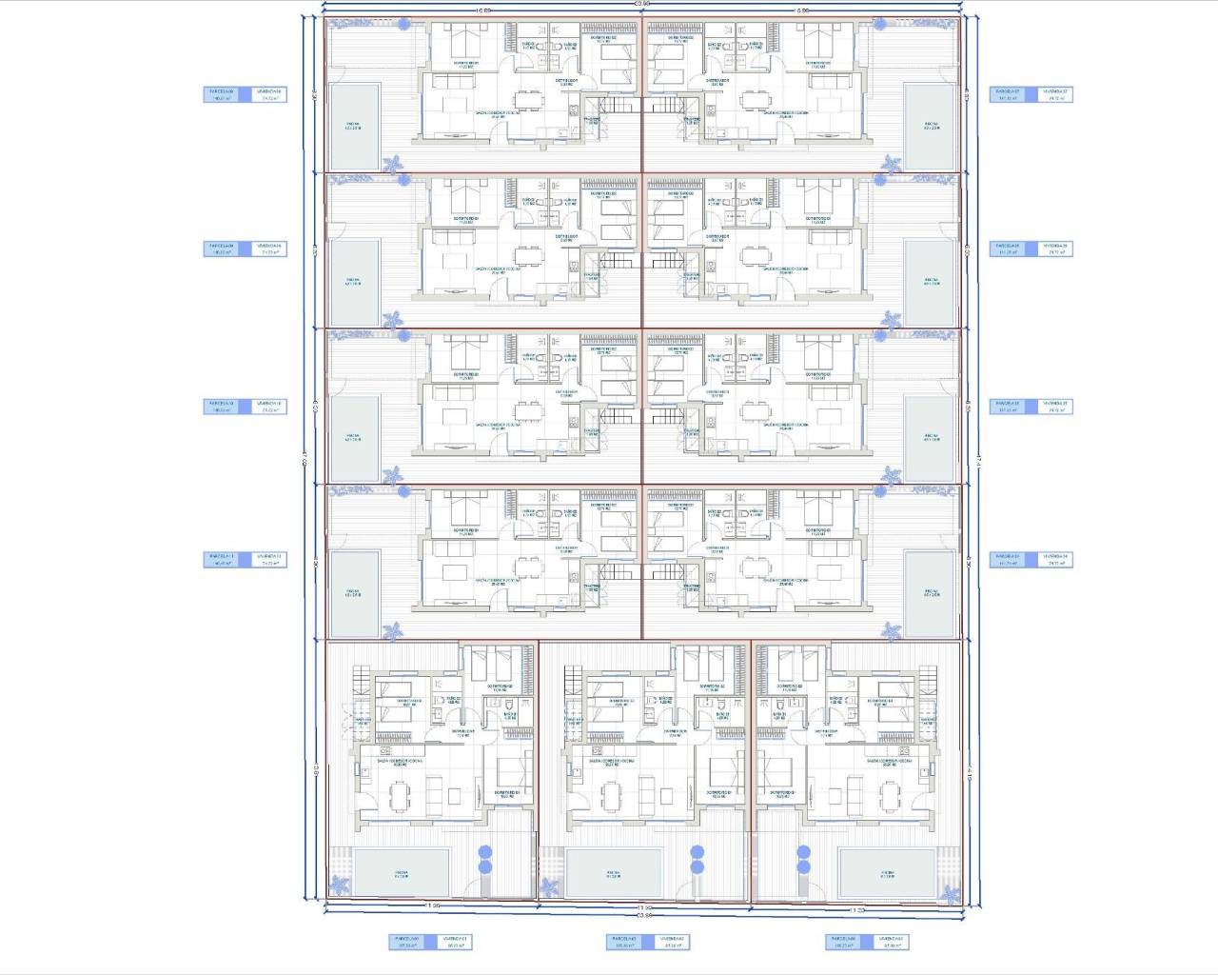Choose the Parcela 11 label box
click(224, 560)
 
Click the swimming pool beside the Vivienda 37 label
click(929, 126)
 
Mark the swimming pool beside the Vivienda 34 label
click(929, 594)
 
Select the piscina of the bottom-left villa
click(402, 873)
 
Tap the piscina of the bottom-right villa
click(886, 873)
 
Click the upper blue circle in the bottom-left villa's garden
click(484, 852)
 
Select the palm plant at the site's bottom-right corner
click(950, 893)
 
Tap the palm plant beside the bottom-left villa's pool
click(550, 888)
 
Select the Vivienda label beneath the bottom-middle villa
click(672, 942)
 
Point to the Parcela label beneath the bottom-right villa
click(845, 942)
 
